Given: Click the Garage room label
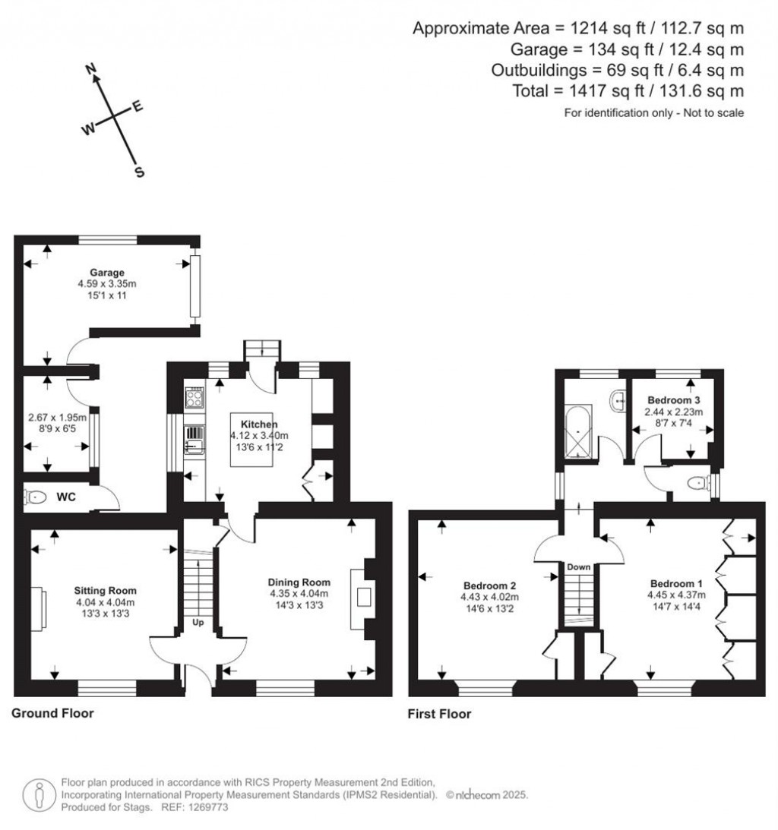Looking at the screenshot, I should tap(106, 273).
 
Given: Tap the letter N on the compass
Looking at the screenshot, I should tap(93, 69).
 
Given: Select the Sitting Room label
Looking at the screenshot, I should tap(105, 590).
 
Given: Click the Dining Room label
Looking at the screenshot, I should tap(299, 582).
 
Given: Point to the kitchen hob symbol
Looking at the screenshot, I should tap(194, 396).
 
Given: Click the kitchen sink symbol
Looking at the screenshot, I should tap(194, 437).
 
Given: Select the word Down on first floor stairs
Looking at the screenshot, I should tap(578, 567).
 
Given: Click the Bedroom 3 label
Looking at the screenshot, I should tap(673, 400).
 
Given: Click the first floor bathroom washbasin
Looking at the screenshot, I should tap(618, 397).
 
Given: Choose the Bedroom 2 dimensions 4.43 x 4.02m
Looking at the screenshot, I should tap(490, 597).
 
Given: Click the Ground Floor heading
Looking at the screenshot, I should tap(52, 713).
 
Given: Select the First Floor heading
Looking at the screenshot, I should tap(439, 714).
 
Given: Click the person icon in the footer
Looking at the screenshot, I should tap(39, 794).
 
